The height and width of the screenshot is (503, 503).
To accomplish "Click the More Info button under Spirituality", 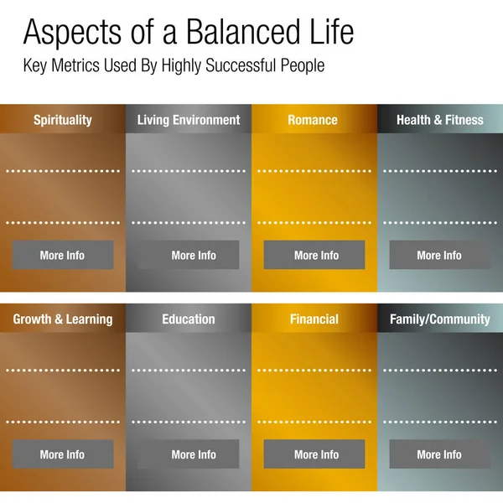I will [63, 255].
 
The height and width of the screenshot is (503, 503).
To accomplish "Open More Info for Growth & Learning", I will [63, 454].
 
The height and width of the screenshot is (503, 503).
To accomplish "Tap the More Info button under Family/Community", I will [439, 454].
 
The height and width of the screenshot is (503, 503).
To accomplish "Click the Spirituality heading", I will [63, 120].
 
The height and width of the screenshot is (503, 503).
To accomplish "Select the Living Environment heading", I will [189, 120].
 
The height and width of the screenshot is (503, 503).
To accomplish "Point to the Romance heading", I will [313, 120].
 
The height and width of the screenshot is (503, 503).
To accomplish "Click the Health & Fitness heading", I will [440, 120].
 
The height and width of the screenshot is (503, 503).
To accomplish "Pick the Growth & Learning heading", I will [63, 319].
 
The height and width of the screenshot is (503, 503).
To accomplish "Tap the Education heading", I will [189, 319].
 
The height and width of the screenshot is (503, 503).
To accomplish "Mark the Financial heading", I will [314, 319].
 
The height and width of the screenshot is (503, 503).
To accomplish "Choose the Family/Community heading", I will [440, 319].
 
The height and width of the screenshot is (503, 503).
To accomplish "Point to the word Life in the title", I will [327, 33].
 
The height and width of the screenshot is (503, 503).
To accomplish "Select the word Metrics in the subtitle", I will [81, 65].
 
